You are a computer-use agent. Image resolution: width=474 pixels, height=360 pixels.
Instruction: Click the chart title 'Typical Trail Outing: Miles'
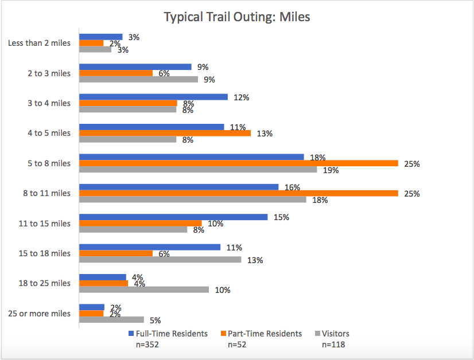(237, 17)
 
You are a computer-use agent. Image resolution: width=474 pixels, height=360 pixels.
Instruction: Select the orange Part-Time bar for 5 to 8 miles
(238, 163)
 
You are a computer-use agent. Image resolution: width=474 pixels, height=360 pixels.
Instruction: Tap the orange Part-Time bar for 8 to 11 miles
(238, 193)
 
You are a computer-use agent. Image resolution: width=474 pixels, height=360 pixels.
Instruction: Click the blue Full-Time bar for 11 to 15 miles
(173, 217)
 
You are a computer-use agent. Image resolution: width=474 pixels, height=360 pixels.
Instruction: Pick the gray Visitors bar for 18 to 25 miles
(143, 290)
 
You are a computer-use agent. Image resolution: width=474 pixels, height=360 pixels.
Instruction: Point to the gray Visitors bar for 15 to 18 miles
(160, 260)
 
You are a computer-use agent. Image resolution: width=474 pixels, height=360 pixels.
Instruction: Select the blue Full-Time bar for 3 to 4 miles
(153, 97)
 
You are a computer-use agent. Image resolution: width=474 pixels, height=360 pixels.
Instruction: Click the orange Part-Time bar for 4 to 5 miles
(165, 134)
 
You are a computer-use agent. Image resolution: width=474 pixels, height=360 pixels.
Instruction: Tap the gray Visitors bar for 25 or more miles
(111, 320)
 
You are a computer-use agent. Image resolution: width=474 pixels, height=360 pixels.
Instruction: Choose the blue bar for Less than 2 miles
(100, 37)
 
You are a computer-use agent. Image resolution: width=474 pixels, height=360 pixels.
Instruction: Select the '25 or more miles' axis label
(40, 314)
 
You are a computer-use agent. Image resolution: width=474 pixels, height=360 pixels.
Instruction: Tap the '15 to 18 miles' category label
(45, 253)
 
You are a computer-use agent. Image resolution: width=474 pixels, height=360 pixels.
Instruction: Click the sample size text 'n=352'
(142, 345)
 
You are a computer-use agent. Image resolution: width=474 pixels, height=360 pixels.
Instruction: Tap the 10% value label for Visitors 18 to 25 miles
(222, 290)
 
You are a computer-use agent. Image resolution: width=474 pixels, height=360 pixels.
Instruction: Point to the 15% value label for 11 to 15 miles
(282, 217)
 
